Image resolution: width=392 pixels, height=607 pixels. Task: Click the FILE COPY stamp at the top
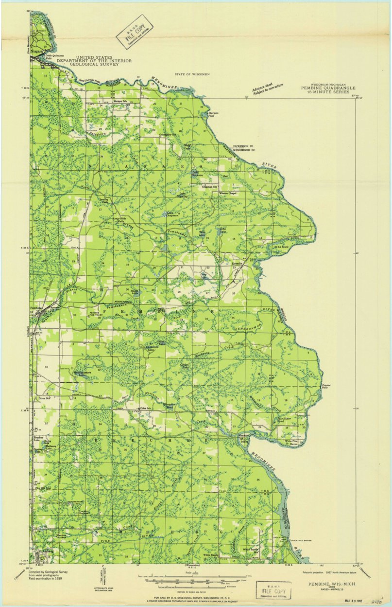tap(134, 32)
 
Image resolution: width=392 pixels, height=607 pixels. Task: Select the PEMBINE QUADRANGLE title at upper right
tap(324, 88)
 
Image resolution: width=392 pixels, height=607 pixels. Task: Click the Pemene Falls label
tap(326, 386)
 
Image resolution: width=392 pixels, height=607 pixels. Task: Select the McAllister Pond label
tap(284, 419)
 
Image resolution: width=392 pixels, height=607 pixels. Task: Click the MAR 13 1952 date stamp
tap(354, 601)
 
